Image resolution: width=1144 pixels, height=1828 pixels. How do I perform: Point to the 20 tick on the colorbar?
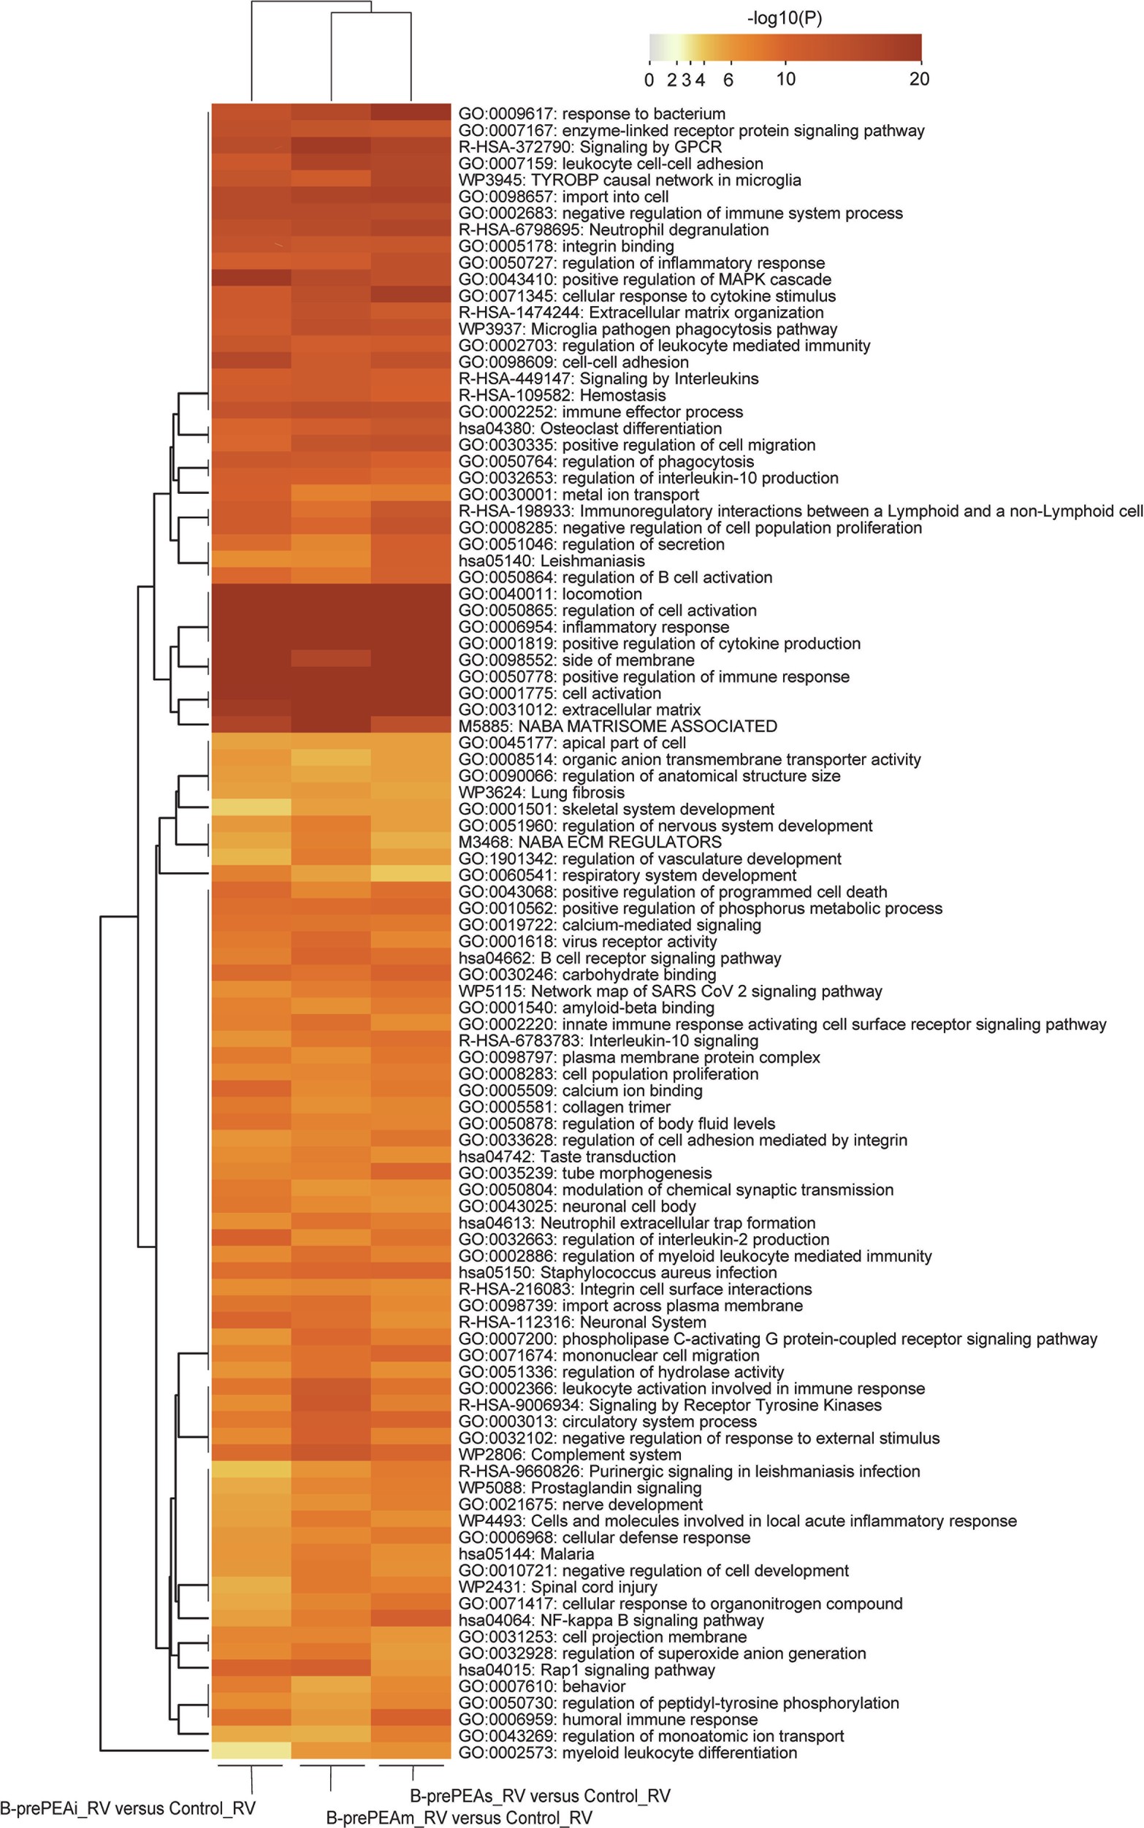(x=919, y=79)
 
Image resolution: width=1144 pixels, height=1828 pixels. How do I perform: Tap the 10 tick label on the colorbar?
(x=785, y=79)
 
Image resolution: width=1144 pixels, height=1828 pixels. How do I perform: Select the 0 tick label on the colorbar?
(x=649, y=80)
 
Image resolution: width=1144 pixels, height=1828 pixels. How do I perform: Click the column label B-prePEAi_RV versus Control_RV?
(x=127, y=1808)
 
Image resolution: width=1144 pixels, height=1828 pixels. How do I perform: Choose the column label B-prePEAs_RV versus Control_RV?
(x=539, y=1795)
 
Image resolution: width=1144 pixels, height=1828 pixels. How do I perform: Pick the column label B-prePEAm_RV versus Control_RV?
(x=459, y=1818)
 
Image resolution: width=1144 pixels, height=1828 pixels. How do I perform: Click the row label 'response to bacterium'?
(x=592, y=113)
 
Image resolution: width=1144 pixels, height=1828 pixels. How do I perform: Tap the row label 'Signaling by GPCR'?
(x=590, y=147)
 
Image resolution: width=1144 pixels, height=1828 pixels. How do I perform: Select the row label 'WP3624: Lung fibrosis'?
(x=541, y=792)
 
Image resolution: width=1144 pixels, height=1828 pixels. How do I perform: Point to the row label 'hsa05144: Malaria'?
(x=526, y=1553)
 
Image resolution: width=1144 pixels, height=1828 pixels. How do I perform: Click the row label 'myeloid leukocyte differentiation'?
(x=628, y=1752)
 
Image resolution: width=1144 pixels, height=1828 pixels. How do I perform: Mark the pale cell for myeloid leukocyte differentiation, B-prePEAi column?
(x=251, y=1751)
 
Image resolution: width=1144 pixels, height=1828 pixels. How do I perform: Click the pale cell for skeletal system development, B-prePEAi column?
(x=251, y=808)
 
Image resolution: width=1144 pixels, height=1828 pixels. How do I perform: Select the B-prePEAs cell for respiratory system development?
(x=410, y=874)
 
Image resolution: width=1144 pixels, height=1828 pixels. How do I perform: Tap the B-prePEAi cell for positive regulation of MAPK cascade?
(x=251, y=279)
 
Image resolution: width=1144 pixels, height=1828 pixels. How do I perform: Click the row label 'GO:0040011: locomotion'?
(x=550, y=594)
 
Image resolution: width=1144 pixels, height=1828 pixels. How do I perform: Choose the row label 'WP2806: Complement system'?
(x=570, y=1454)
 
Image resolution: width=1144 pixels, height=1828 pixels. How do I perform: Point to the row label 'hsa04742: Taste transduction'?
(x=567, y=1156)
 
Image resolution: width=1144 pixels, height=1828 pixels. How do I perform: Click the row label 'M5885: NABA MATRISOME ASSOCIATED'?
(x=617, y=726)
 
